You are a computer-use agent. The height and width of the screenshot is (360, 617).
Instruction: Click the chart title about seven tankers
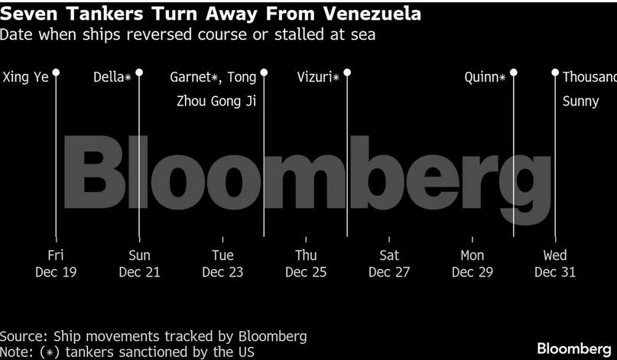pyautogui.click(x=210, y=15)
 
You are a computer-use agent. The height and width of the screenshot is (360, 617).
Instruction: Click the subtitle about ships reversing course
pyautogui.click(x=187, y=35)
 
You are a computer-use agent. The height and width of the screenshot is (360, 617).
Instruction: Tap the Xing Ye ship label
pyautogui.click(x=26, y=77)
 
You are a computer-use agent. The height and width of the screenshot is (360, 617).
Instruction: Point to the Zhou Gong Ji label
pyautogui.click(x=216, y=101)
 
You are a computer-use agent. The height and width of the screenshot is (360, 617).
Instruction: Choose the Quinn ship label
pyautogui.click(x=485, y=77)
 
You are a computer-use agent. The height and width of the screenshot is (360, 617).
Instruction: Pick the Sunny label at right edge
pyautogui.click(x=581, y=101)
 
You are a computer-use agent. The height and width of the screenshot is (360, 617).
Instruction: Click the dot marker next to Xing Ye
pyautogui.click(x=56, y=73)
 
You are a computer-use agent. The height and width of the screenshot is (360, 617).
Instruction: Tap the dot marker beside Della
pyautogui.click(x=139, y=73)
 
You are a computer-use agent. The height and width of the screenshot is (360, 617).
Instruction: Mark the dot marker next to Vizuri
pyautogui.click(x=347, y=73)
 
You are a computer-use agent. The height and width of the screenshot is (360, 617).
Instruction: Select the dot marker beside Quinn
pyautogui.click(x=514, y=73)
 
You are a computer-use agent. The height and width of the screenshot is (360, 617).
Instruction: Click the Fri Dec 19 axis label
pyautogui.click(x=56, y=264)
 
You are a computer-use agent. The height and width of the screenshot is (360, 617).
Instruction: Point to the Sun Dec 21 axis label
pyautogui.click(x=139, y=264)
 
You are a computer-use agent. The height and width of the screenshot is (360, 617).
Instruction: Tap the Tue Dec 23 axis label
pyautogui.click(x=222, y=264)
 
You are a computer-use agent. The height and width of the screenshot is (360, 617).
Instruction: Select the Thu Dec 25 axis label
pyautogui.click(x=306, y=264)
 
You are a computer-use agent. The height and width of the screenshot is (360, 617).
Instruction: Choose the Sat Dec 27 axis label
pyautogui.click(x=389, y=264)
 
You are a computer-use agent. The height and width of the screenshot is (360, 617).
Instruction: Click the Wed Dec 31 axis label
pyautogui.click(x=555, y=264)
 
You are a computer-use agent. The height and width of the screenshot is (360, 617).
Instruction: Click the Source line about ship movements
pyautogui.click(x=153, y=336)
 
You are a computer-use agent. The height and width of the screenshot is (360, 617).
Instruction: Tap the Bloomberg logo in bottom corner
pyautogui.click(x=574, y=349)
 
